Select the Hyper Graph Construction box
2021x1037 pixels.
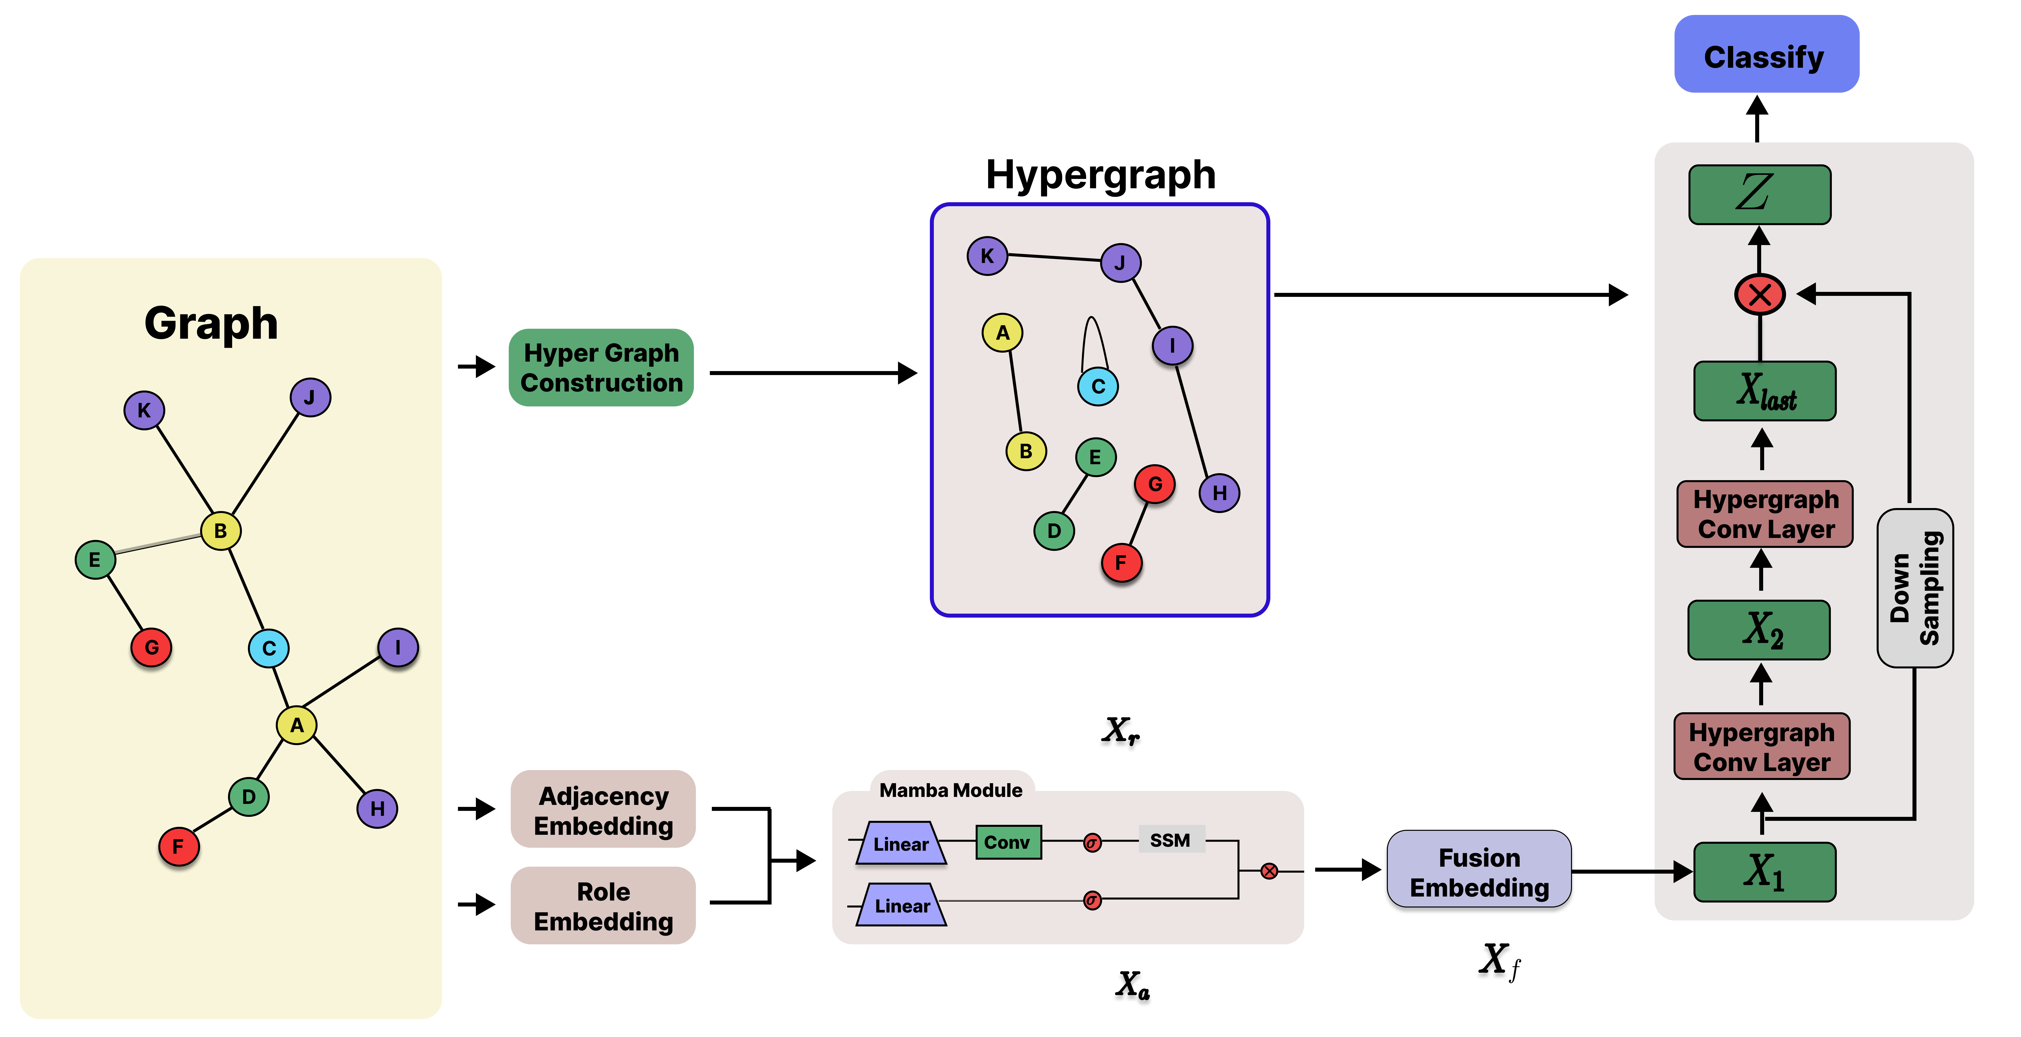[x=601, y=367]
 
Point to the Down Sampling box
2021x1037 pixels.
[x=1914, y=588]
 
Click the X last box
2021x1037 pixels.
[x=1764, y=391]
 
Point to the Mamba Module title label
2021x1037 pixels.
[x=951, y=790]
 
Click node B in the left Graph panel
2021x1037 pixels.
[x=221, y=531]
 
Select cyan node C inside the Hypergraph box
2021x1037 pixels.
[x=1098, y=386]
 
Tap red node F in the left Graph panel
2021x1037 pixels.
[x=178, y=846]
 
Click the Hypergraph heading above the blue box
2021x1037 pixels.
[x=1100, y=174]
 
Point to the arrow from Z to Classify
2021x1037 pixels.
[x=1757, y=119]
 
